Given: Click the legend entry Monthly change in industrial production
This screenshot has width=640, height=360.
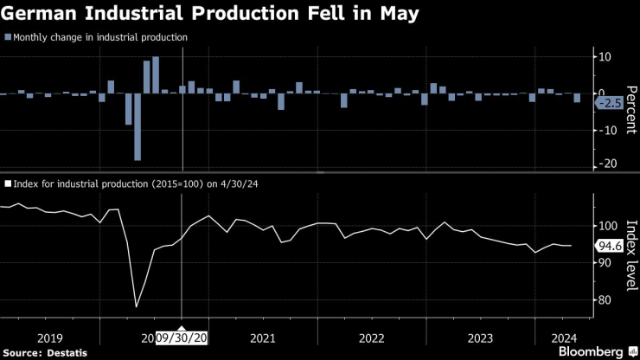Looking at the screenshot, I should tap(99, 37).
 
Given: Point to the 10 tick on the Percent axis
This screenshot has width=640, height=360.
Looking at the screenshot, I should tap(605, 57).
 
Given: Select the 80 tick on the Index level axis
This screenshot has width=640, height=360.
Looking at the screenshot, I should tap(604, 300).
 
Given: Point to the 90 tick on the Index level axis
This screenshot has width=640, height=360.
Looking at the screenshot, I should tap(604, 263).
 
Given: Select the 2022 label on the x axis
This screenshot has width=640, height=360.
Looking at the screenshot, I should tap(371, 337).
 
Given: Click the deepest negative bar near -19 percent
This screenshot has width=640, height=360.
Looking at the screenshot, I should tap(138, 127).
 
